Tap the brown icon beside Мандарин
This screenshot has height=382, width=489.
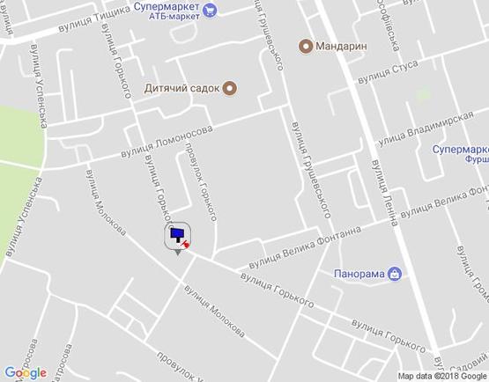(306, 46)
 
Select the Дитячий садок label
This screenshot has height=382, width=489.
(182, 88)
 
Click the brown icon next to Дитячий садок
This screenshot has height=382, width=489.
(230, 88)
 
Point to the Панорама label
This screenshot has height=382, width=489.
(359, 274)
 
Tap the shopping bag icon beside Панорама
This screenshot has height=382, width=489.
(396, 274)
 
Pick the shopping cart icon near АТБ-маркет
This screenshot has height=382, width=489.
(210, 11)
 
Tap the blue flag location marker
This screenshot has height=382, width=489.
(178, 235)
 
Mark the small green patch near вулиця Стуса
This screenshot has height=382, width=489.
(424, 93)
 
